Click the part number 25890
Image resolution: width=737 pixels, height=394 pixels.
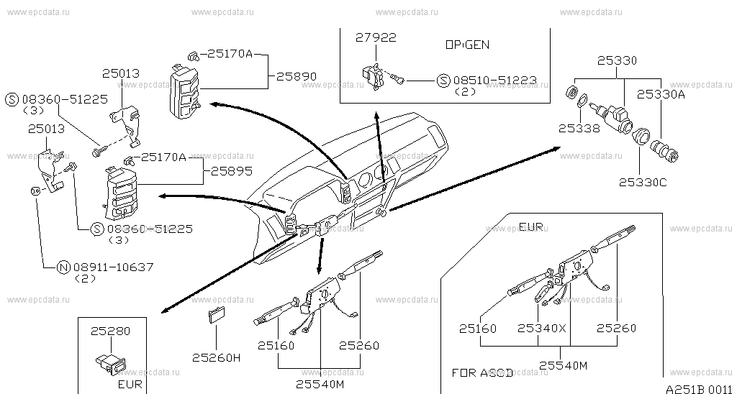tap(297, 75)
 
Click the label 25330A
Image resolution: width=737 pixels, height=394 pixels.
tap(660, 93)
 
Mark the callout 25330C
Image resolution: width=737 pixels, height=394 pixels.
tap(643, 183)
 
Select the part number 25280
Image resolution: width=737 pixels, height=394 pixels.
tap(110, 331)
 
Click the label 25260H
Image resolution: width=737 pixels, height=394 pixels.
tap(216, 357)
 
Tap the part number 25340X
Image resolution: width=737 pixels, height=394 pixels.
tap(542, 329)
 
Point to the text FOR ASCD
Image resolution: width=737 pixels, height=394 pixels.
tap(482, 373)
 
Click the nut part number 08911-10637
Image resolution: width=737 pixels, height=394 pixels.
tap(113, 267)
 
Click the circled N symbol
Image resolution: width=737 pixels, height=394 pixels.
tap(63, 267)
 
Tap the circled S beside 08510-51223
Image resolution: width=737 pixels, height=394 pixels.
tap(443, 81)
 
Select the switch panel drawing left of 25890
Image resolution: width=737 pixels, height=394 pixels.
tap(183, 89)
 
